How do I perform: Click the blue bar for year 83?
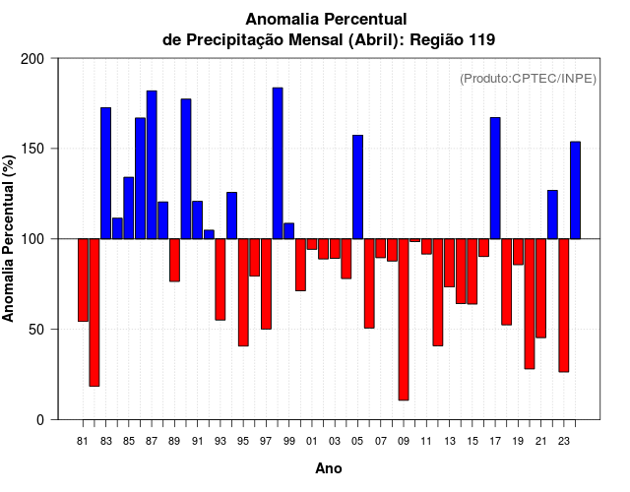pyautogui.click(x=105, y=173)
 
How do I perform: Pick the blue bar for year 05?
pyautogui.click(x=357, y=187)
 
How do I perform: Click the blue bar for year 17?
pyautogui.click(x=495, y=178)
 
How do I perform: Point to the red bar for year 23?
pyautogui.click(x=564, y=305)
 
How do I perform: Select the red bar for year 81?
pyautogui.click(x=83, y=279)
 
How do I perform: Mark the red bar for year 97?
pyautogui.click(x=266, y=283)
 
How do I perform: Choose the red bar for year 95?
pyautogui.click(x=243, y=292)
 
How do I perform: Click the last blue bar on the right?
pyautogui.click(x=575, y=190)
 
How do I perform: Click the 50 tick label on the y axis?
pyautogui.click(x=36, y=329)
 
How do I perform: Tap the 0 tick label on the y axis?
pyautogui.click(x=40, y=419)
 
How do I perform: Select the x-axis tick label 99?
pyautogui.click(x=288, y=442)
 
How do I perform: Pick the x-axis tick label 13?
pyautogui.click(x=449, y=442)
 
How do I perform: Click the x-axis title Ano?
pyautogui.click(x=329, y=469)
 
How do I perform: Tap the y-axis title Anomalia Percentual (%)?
pyautogui.click(x=9, y=238)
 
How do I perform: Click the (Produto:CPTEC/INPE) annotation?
pyautogui.click(x=528, y=79)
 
